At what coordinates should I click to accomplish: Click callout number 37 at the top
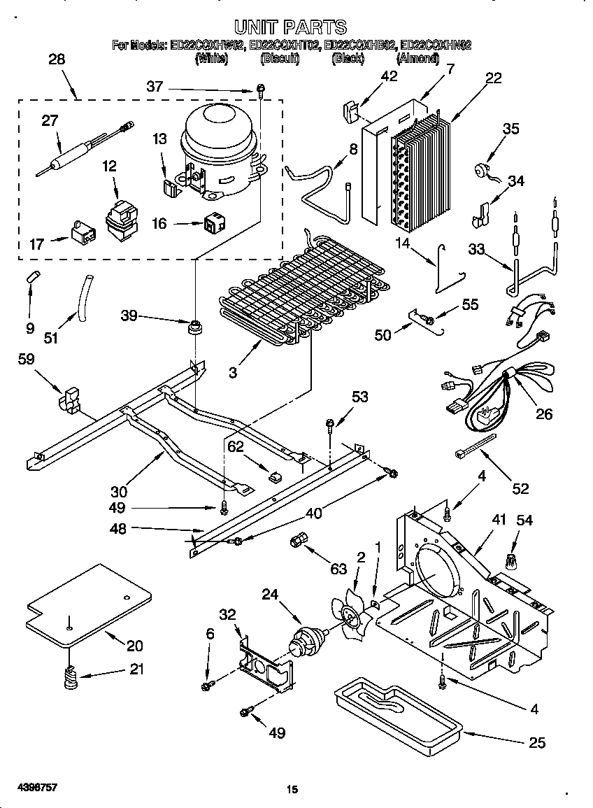point(155,87)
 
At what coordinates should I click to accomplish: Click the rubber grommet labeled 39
point(194,327)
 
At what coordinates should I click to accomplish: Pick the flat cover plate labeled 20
point(90,605)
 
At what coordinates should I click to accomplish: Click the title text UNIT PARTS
point(290,27)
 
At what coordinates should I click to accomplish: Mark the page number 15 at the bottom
point(292,790)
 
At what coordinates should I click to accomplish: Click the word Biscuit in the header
point(280,59)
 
